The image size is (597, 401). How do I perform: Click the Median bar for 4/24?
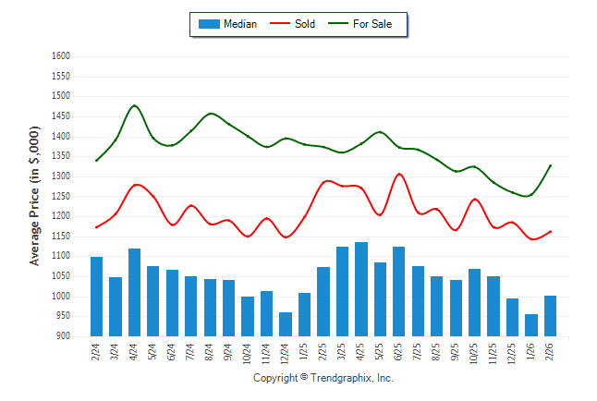point(134,292)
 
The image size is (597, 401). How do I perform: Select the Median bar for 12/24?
point(286,324)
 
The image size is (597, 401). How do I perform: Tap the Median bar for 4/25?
point(360,289)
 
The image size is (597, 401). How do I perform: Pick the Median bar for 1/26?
point(531,325)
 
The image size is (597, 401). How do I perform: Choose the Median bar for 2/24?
point(96,297)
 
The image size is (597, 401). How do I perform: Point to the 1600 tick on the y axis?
point(61,56)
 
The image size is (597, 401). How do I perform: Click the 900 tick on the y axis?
point(64,336)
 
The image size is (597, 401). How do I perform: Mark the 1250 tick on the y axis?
point(61,196)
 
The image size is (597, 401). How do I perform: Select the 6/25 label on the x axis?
point(399,354)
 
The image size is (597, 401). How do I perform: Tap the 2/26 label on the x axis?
point(551,354)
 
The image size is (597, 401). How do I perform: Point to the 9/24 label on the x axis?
point(229,354)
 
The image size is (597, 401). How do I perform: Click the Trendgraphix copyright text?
point(323,378)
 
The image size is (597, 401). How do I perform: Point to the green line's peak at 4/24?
point(135,105)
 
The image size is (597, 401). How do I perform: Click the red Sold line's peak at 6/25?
point(399,174)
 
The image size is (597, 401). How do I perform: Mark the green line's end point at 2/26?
point(551,165)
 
